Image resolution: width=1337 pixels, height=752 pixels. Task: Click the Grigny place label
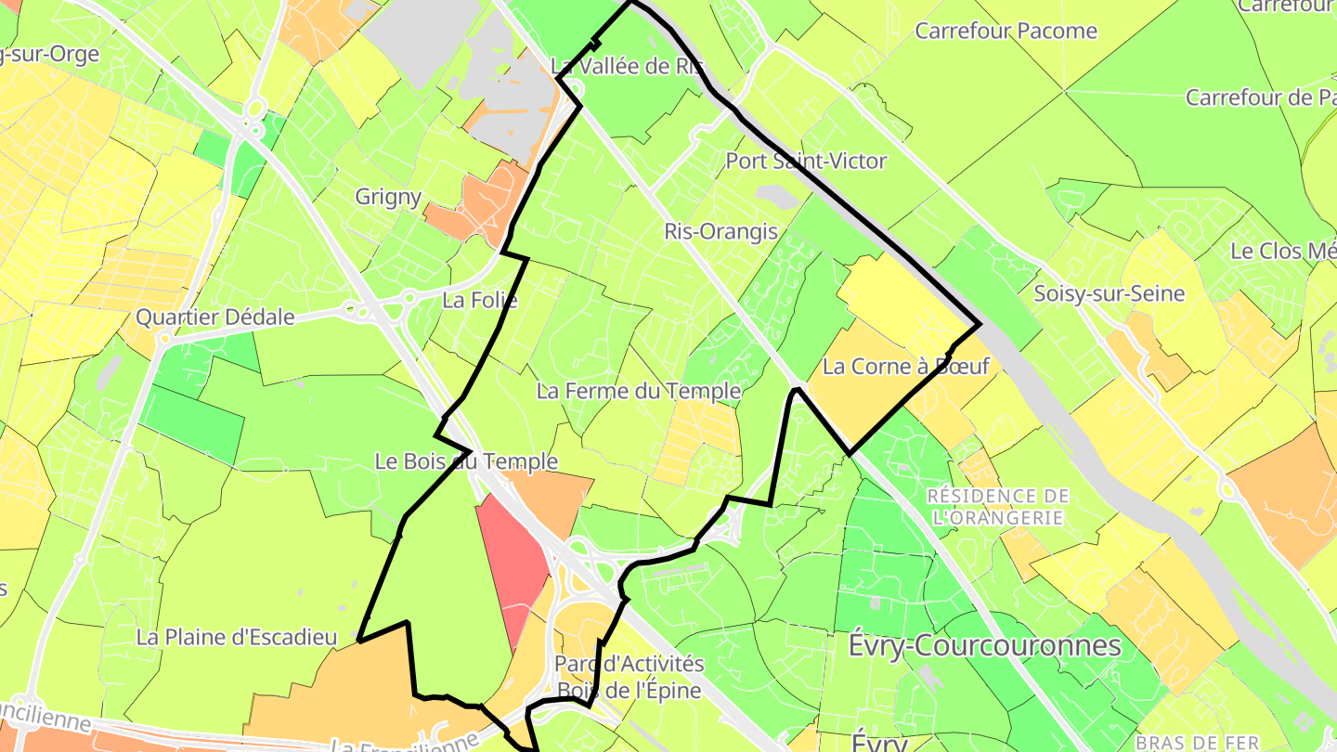click(x=388, y=197)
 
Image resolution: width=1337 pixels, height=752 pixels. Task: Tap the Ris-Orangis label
click(x=720, y=231)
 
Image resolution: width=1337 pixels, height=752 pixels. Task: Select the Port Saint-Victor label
click(x=806, y=162)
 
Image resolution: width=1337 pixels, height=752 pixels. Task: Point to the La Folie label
click(x=479, y=300)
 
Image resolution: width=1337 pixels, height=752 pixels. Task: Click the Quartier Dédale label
click(x=215, y=318)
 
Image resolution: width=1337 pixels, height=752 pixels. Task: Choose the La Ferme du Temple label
click(x=639, y=391)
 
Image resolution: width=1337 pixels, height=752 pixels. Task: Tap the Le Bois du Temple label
click(x=466, y=461)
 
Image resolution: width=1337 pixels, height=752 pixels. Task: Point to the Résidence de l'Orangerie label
click(x=998, y=507)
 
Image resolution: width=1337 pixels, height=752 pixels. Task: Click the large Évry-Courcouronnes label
click(x=984, y=645)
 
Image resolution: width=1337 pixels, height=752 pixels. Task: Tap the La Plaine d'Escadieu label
click(x=236, y=638)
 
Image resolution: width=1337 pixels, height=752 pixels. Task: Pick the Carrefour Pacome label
click(x=1006, y=31)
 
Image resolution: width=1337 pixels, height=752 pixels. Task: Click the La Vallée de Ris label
click(x=627, y=67)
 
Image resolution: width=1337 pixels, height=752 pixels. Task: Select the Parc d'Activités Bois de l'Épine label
click(x=630, y=677)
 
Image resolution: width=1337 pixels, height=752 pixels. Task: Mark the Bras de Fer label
click(x=1197, y=743)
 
